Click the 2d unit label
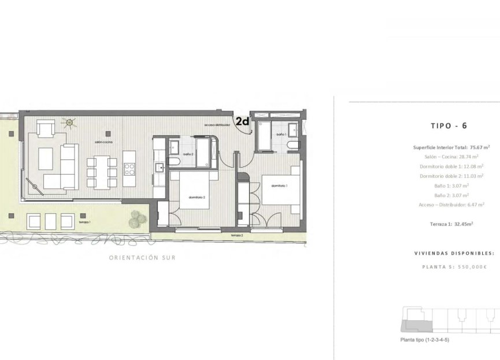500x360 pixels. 242,121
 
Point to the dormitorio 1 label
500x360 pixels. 279,186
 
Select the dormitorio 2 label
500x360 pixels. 197,198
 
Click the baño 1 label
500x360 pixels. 281,134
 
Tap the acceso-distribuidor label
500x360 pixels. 217,125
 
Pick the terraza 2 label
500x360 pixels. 236,236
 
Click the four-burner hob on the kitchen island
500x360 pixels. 129,169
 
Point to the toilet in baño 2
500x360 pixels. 174,162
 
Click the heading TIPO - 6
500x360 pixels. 449,125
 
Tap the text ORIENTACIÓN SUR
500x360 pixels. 142,258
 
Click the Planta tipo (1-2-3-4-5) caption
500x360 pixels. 425,340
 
